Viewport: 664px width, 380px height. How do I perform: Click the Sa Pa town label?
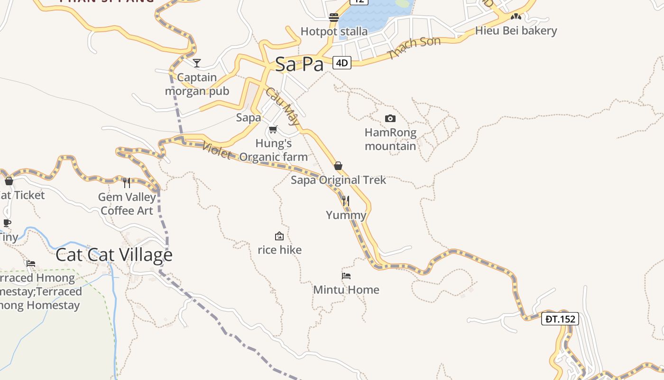(x=299, y=64)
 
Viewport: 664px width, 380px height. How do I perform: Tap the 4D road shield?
(x=341, y=63)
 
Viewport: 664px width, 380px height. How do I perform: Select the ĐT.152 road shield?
(x=560, y=319)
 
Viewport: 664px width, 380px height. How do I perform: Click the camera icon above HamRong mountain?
(x=390, y=118)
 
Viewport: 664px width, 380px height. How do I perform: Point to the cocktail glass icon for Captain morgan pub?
(x=197, y=63)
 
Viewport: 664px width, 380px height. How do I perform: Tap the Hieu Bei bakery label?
(x=516, y=31)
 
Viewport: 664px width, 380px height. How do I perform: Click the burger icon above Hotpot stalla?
(x=334, y=18)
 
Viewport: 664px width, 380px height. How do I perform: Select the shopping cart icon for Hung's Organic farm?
(x=273, y=129)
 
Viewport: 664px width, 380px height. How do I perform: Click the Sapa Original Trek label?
(x=338, y=180)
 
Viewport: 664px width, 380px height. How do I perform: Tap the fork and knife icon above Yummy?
(x=346, y=201)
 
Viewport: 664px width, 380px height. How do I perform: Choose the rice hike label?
(x=279, y=250)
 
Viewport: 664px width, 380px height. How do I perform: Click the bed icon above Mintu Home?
(x=346, y=275)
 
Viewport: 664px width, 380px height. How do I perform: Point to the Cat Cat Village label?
(x=114, y=255)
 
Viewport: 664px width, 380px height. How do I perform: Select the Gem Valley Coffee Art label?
(x=127, y=204)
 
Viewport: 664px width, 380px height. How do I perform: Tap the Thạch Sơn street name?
(x=414, y=48)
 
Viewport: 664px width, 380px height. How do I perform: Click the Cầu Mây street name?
(x=282, y=106)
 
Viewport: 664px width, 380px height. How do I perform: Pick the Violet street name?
(x=216, y=150)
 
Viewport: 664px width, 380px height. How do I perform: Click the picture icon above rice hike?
(x=279, y=236)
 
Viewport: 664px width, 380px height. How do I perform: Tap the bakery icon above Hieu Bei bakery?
(x=516, y=17)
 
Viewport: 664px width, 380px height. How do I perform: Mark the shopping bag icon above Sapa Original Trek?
(x=338, y=166)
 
